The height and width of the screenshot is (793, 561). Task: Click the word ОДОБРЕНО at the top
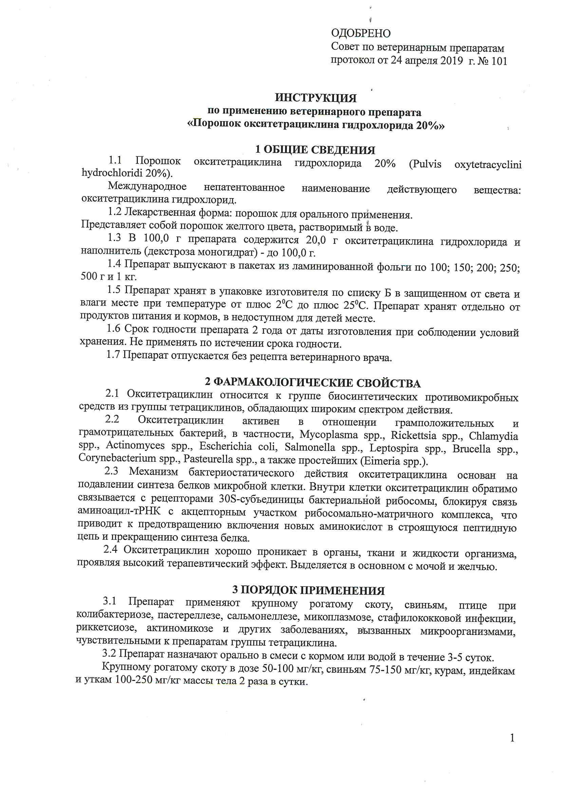[360, 33]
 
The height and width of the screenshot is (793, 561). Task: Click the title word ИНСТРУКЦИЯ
[316, 98]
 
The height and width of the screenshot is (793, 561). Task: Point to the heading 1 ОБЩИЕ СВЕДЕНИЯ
[315, 150]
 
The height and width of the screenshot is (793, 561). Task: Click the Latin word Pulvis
[425, 164]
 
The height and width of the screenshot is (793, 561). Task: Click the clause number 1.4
[114, 264]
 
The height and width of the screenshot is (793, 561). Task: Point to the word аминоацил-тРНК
[119, 511]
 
